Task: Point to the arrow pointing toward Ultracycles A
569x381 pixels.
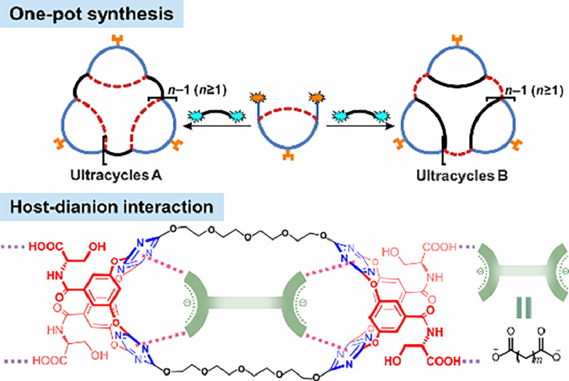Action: click(215, 126)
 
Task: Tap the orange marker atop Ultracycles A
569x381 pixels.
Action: click(116, 39)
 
